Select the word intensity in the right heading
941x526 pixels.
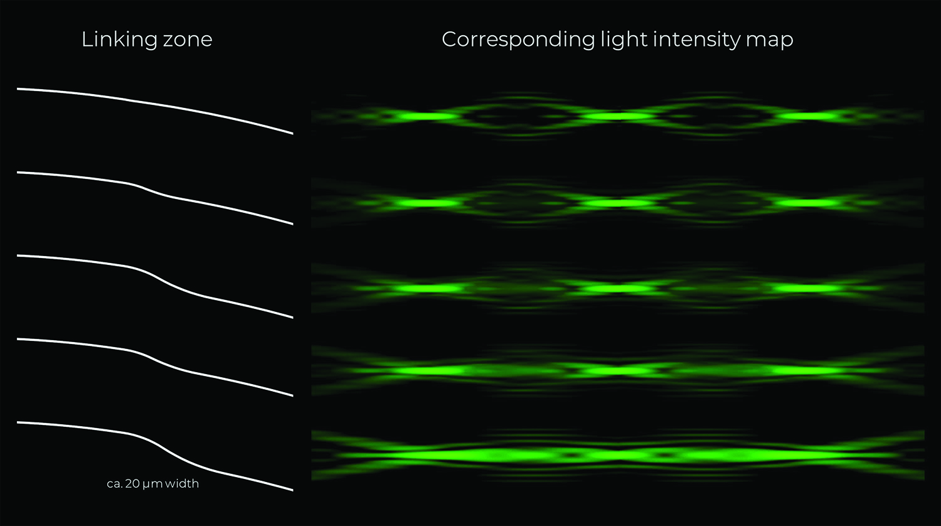pos(693,40)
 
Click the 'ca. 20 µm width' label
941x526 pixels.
pos(152,484)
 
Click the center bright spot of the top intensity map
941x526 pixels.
pos(617,116)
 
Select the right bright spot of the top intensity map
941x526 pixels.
pos(809,116)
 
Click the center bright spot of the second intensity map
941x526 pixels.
pos(617,203)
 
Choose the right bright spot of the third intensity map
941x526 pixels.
pos(806,289)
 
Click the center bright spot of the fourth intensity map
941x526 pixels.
pos(617,371)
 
